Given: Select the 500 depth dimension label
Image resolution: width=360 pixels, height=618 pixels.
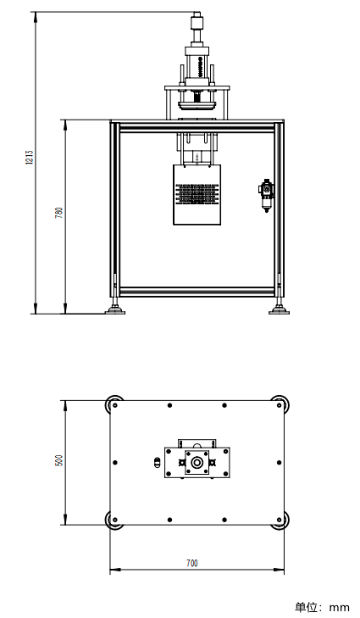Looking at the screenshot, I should [59, 460].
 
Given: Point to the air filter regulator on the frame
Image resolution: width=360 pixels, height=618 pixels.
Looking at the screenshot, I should [266, 194].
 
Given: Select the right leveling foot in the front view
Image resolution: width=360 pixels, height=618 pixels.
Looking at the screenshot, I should [279, 308].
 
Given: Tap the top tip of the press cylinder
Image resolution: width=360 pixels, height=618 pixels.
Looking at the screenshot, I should [197, 14].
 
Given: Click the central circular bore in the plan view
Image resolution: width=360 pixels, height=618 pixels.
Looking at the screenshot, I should [197, 462].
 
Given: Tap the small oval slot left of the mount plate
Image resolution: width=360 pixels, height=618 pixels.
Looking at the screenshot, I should [155, 462].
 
